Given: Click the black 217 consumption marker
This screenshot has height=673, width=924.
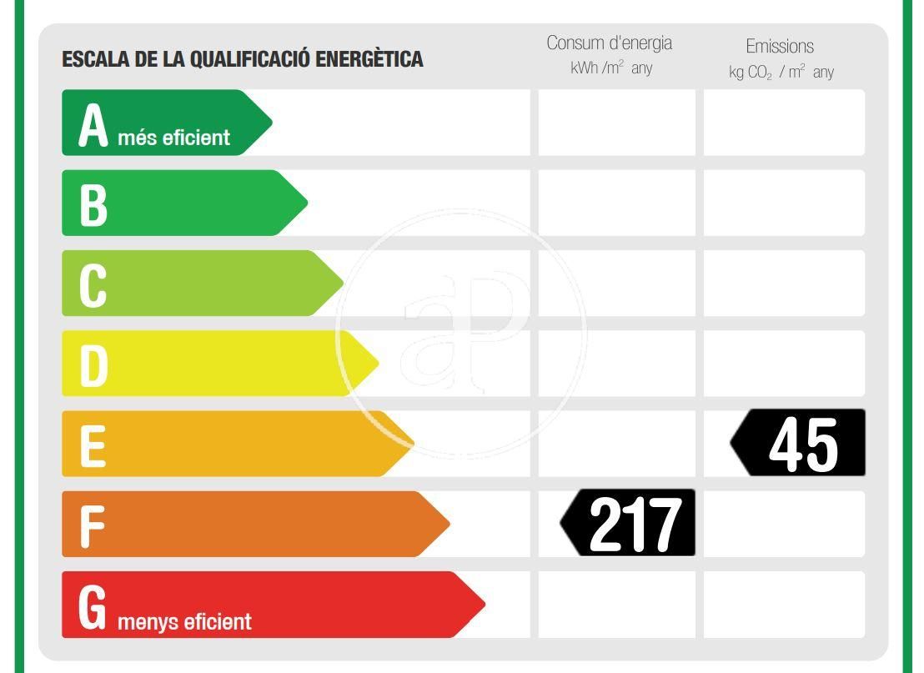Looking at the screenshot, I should tap(630, 524).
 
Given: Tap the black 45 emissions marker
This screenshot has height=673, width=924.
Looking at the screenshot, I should tap(801, 444).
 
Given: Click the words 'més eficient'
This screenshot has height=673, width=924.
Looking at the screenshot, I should tap(173, 138).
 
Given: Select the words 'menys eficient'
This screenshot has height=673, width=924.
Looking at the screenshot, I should tap(184, 621).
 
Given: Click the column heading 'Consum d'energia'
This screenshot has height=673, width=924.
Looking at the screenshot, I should tap(609, 43).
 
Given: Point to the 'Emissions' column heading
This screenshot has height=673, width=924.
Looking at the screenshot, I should tap(780, 47).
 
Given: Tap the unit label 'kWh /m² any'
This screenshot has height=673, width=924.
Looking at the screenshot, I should tap(611, 68).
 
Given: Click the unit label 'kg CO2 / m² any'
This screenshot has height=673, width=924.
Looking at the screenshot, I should tap(781, 73).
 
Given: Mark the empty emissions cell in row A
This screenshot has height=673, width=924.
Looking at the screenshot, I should tap(784, 123).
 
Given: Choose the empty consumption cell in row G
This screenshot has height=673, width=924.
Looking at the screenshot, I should tap(616, 605).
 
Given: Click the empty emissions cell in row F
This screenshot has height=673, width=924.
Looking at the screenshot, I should tap(784, 524).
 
